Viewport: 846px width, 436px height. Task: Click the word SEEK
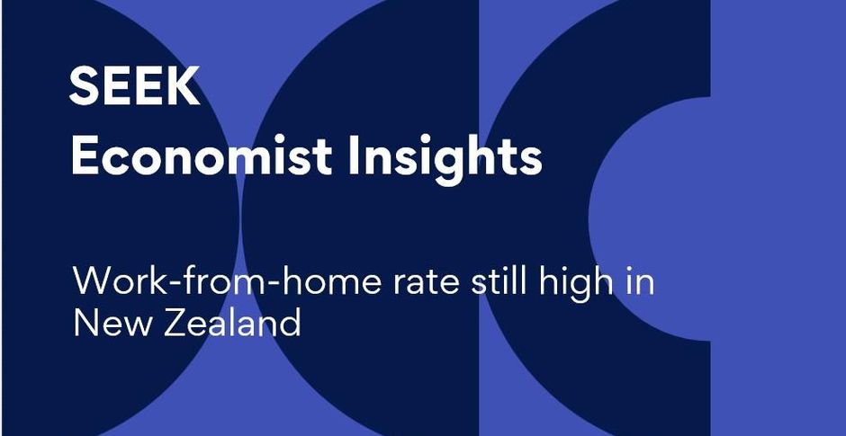pyautogui.click(x=134, y=86)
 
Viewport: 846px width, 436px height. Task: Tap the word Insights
pyautogui.click(x=445, y=159)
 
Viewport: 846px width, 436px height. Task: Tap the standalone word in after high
pyautogui.click(x=641, y=280)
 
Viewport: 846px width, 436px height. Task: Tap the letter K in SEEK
pyautogui.click(x=184, y=86)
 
